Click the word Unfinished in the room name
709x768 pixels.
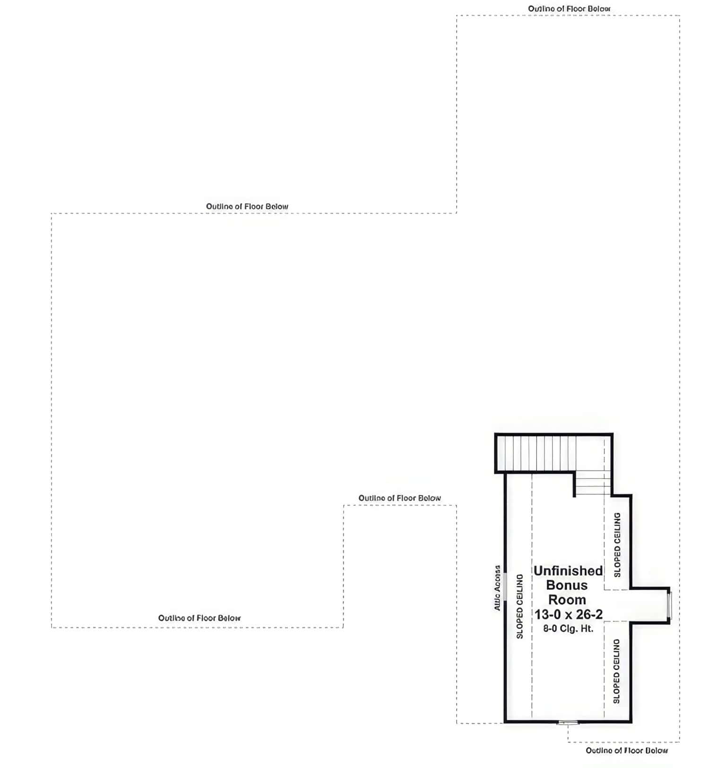(568, 571)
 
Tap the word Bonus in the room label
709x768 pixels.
(567, 585)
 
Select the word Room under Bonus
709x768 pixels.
(567, 600)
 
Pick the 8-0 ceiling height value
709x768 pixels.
(550, 629)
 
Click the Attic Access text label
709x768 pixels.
(497, 588)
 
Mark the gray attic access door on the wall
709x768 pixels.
(505, 587)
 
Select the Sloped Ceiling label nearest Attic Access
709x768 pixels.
(520, 606)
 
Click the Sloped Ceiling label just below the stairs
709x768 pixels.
(617, 544)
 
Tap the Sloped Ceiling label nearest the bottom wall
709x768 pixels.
(616, 671)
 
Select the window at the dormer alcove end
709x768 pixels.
(669, 605)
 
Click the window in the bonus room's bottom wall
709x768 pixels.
(568, 722)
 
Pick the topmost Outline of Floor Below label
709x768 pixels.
(569, 9)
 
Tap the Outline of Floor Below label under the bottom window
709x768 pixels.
(627, 751)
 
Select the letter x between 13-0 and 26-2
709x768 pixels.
(568, 615)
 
